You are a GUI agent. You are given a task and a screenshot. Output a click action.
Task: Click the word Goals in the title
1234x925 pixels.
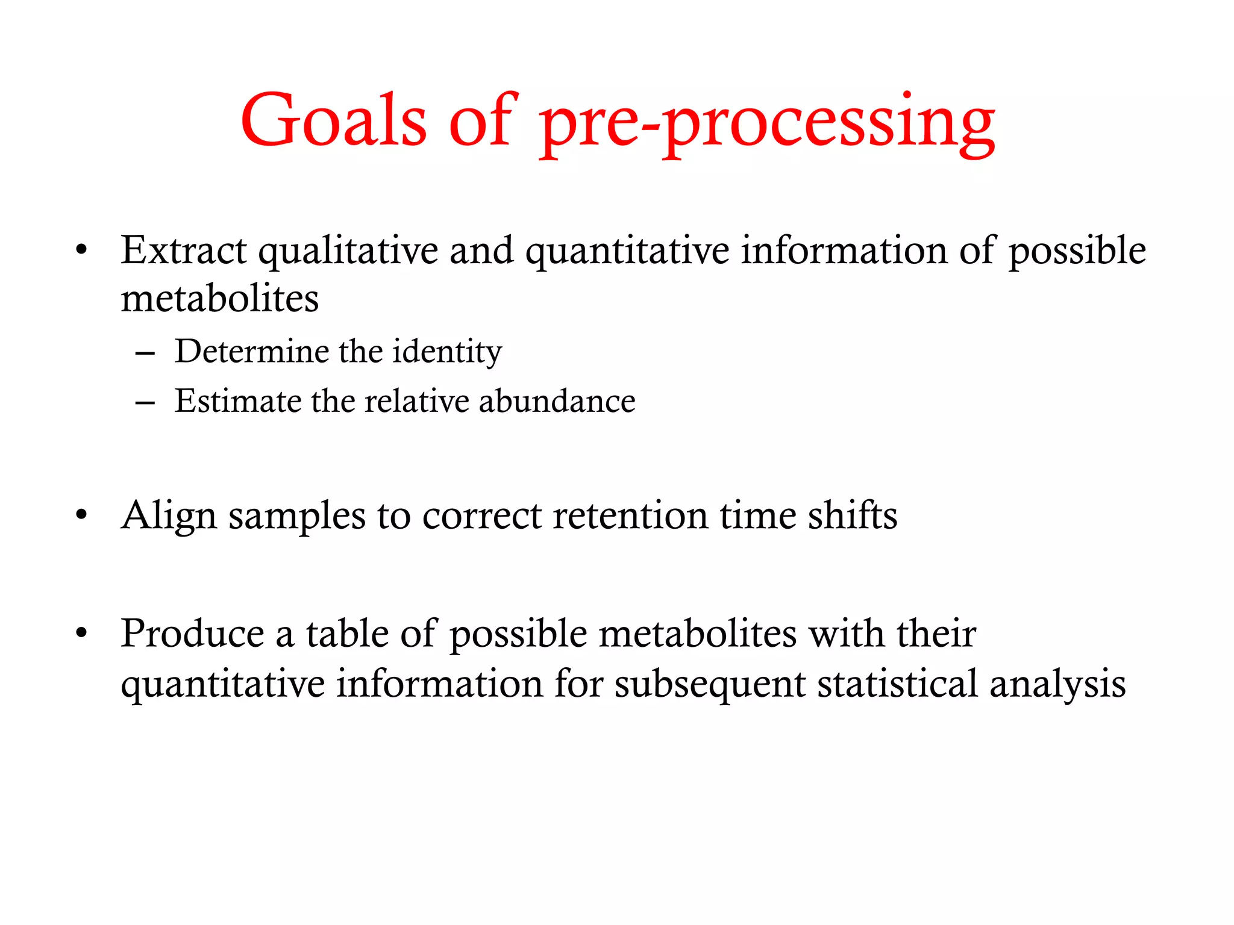[x=333, y=120]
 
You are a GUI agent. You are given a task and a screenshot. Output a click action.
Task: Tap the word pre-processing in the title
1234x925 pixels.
[x=766, y=123]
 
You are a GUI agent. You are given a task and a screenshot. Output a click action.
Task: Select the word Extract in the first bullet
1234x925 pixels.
[x=183, y=250]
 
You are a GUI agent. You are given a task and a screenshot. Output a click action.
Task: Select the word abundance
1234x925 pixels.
[x=557, y=401]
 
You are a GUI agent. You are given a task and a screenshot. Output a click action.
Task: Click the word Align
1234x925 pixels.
[x=169, y=517]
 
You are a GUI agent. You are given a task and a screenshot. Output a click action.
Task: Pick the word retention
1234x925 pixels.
[x=630, y=515]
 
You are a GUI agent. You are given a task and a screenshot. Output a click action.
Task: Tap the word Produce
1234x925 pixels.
[x=192, y=634]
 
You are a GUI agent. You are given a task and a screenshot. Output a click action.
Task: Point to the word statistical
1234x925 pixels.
[x=897, y=684]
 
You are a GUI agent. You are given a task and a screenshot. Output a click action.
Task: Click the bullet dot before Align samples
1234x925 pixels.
[x=82, y=515]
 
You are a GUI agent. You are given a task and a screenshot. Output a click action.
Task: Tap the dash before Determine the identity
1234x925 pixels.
[x=145, y=353]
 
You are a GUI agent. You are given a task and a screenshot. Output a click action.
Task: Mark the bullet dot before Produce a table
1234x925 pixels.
[x=82, y=634]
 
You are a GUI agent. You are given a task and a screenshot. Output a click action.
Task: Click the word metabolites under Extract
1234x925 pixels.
[x=219, y=299]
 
